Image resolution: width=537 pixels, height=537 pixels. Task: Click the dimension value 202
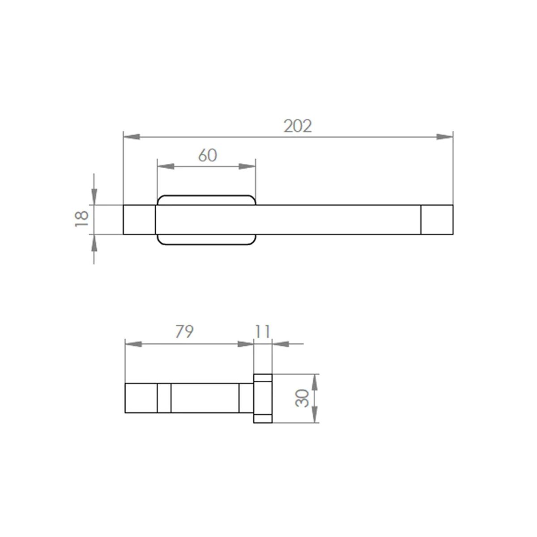click(x=298, y=126)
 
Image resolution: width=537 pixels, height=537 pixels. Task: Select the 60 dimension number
click(x=208, y=155)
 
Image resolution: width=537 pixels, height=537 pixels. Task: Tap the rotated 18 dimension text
click(x=82, y=219)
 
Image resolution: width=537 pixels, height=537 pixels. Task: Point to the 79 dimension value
click(x=184, y=332)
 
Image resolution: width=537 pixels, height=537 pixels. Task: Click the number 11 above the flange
click(x=263, y=332)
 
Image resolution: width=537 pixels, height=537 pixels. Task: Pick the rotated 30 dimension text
click(x=302, y=399)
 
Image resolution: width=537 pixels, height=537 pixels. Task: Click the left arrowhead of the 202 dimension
click(x=132, y=137)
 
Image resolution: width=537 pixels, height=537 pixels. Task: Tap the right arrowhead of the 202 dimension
click(x=444, y=137)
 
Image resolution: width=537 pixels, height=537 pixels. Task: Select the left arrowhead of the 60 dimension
click(x=166, y=166)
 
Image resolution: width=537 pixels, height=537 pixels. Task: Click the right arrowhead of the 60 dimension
click(x=247, y=166)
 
